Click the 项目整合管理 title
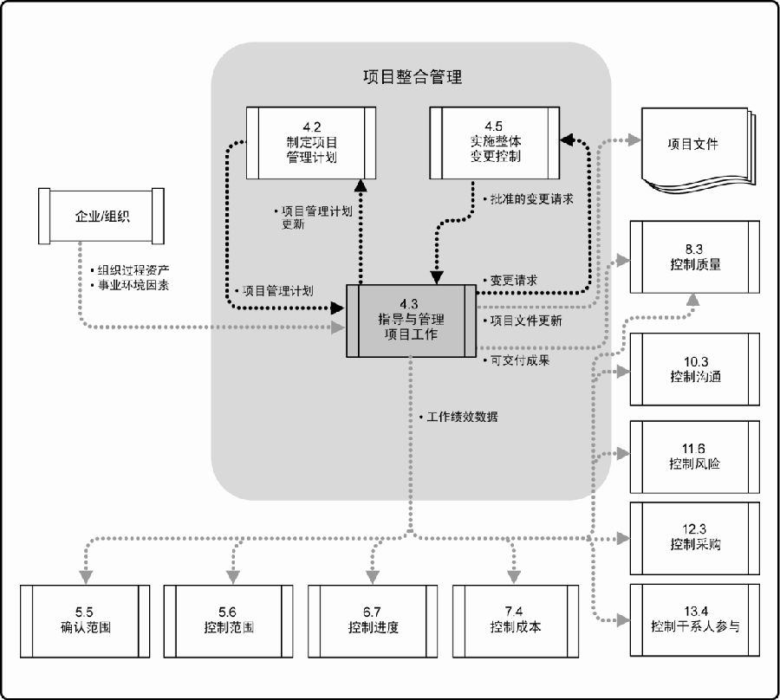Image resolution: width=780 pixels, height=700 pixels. tap(413, 77)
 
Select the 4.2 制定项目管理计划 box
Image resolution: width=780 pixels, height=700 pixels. tap(311, 143)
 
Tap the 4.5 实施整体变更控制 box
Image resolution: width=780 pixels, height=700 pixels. tap(495, 143)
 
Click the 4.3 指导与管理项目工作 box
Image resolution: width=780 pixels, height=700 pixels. tap(411, 321)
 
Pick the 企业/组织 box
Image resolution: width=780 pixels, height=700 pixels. tap(101, 216)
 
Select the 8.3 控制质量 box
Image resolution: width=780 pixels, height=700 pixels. tap(694, 257)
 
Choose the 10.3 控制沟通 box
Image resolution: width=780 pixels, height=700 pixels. tap(694, 369)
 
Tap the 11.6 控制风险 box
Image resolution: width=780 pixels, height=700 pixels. tap(694, 457)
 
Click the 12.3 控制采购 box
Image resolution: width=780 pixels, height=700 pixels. tap(694, 538)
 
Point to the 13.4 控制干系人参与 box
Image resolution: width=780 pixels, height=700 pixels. tap(694, 620)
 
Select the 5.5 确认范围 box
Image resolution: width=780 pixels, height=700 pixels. tap(85, 621)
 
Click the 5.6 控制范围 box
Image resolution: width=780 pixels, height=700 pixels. tap(228, 621)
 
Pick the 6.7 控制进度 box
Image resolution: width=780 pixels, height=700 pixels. tap(373, 621)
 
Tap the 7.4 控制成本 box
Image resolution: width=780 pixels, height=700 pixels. tap(516, 621)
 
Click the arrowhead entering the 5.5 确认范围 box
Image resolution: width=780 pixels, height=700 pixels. tap(86, 577)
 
